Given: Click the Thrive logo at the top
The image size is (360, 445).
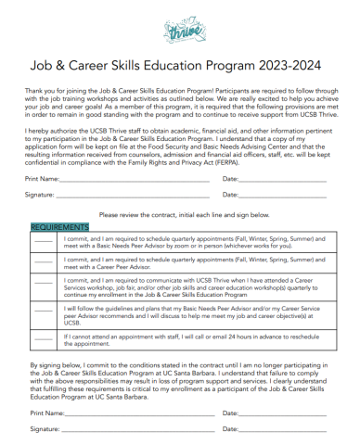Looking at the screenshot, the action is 179,33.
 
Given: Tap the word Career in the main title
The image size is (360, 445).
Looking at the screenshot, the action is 123,67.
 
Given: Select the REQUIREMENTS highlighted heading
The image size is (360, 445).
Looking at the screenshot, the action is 60,226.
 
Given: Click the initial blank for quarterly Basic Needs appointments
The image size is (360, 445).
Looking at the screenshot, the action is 44,245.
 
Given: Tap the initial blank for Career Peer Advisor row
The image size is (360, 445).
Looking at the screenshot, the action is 44,266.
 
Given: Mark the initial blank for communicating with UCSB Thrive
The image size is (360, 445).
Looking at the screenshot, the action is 44,288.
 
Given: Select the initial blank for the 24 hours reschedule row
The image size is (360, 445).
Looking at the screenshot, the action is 44,341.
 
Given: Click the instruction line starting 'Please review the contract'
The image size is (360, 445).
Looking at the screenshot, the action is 179,213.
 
